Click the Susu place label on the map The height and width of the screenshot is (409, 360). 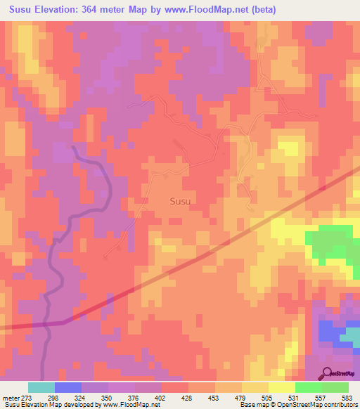(180, 201)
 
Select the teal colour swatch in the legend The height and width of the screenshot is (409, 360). (41, 388)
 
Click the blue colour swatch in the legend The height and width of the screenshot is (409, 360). (68, 388)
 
